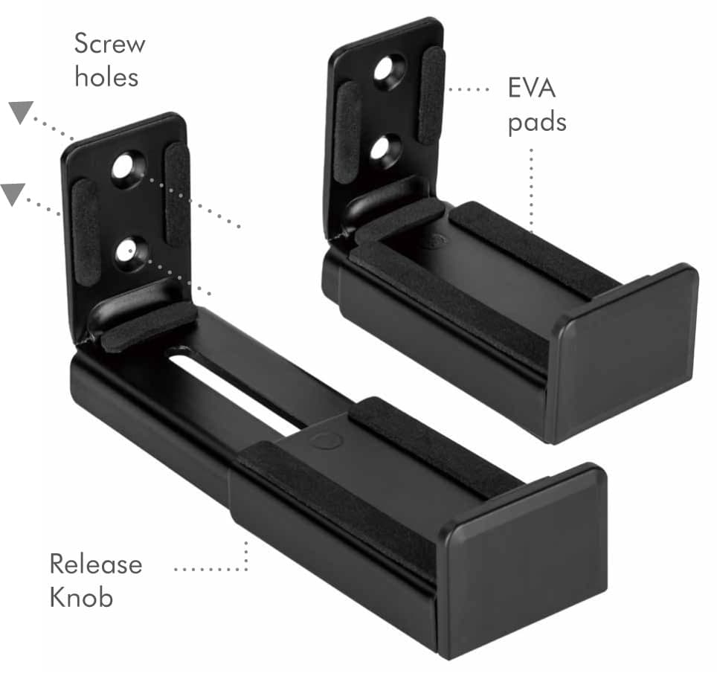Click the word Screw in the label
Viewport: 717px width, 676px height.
tap(110, 43)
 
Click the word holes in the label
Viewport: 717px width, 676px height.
tap(106, 77)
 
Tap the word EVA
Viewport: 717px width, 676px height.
tap(532, 88)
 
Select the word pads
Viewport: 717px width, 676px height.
tap(537, 123)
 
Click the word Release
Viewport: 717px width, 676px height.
tap(96, 564)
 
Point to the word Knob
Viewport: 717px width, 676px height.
tap(81, 597)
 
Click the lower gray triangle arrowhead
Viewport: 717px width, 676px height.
tap(13, 194)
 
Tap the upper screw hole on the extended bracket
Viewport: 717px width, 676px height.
tap(126, 168)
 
